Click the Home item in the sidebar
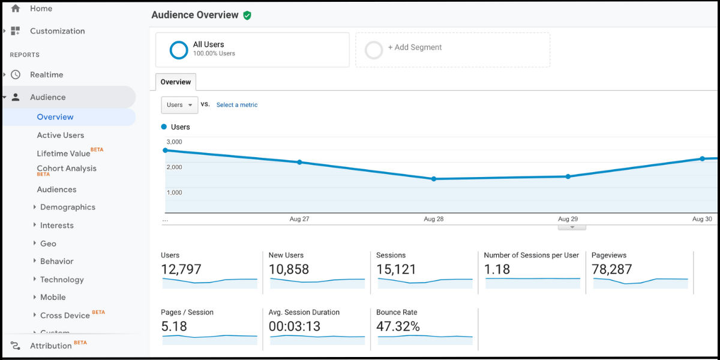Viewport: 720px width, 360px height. (x=40, y=8)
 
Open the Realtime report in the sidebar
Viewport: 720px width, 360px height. (x=46, y=75)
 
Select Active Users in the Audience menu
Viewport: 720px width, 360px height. (x=60, y=136)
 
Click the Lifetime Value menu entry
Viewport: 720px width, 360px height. (x=63, y=154)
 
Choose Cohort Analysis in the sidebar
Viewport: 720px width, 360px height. (x=66, y=169)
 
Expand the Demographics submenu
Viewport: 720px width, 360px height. (x=67, y=208)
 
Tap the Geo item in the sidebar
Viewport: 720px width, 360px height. (x=48, y=244)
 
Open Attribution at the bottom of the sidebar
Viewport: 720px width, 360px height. (x=50, y=346)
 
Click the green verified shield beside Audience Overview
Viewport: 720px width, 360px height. (x=247, y=15)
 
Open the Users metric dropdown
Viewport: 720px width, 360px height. (x=179, y=105)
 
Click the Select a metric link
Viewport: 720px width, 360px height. (x=236, y=105)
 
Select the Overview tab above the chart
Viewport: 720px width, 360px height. (x=175, y=82)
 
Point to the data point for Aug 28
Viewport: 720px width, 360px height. (x=434, y=179)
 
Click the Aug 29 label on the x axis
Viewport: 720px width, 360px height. (x=568, y=219)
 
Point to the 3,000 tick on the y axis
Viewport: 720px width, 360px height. (x=174, y=142)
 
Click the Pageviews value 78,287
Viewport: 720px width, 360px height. (x=611, y=269)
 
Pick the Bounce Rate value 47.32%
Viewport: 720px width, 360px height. (x=397, y=326)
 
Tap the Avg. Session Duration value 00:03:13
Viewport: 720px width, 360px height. (x=295, y=326)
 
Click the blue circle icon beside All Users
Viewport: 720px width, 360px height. (x=179, y=50)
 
